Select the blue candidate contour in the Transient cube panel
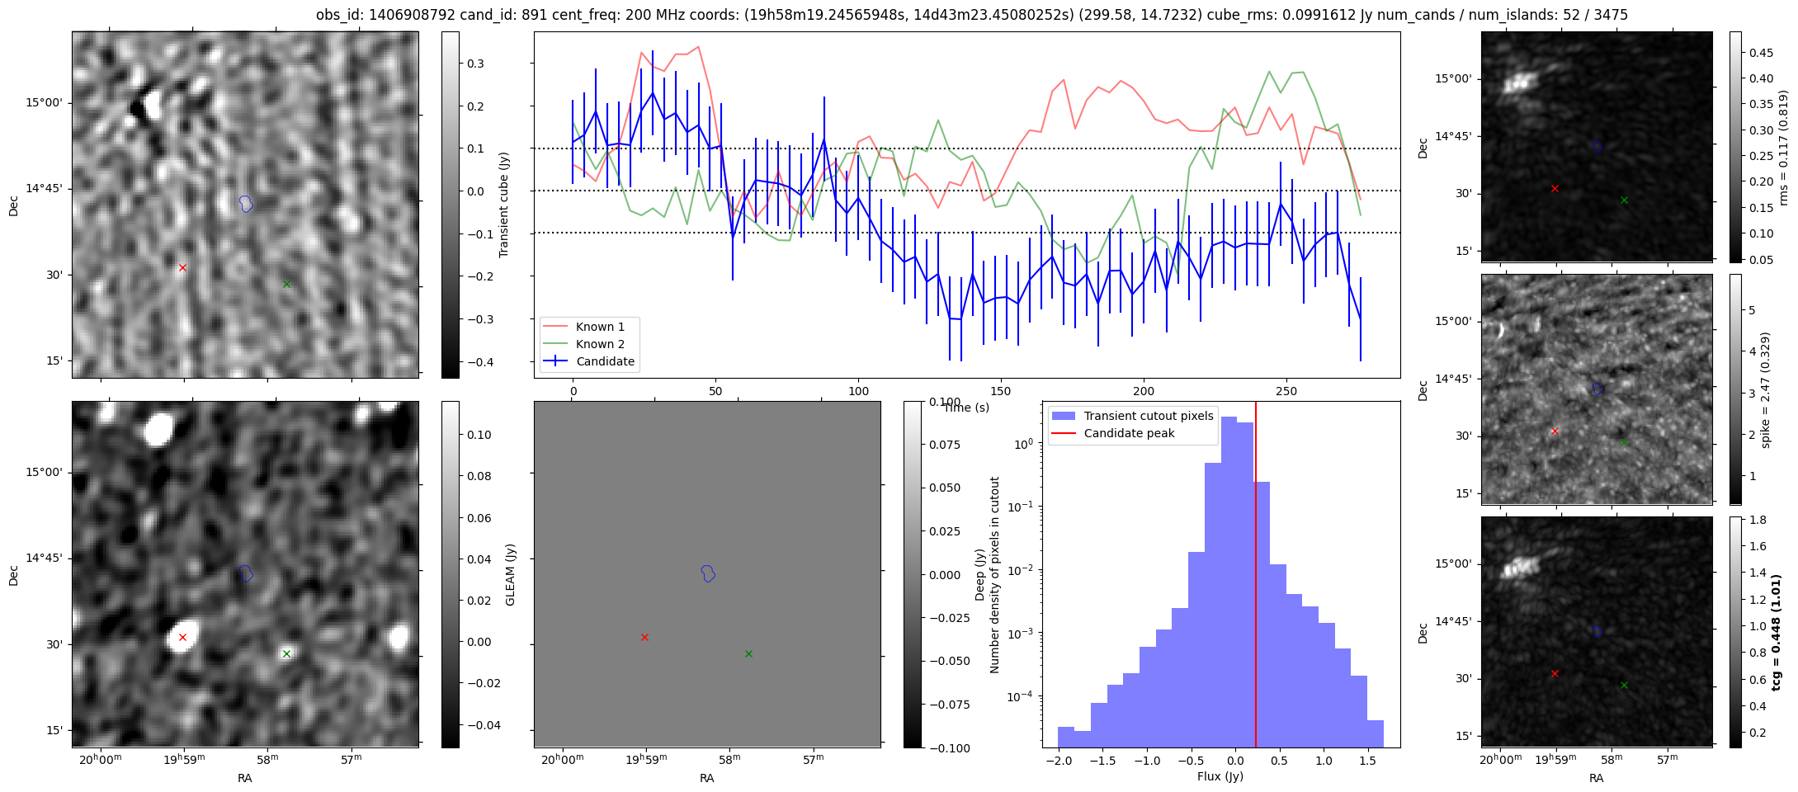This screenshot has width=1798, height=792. (x=246, y=203)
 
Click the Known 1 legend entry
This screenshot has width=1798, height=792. (x=600, y=327)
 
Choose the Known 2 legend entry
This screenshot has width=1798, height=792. (x=600, y=344)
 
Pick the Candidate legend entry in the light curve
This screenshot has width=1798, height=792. (x=605, y=361)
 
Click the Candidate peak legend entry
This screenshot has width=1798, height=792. (x=1129, y=433)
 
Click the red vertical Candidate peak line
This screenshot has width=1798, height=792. (x=1256, y=577)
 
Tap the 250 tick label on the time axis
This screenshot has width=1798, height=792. (x=1286, y=391)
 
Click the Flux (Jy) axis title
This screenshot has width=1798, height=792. (x=1220, y=776)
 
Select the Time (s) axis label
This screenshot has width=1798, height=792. (x=966, y=408)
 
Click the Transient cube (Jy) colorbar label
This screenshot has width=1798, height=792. (x=504, y=205)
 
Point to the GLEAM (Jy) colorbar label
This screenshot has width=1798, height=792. (x=510, y=574)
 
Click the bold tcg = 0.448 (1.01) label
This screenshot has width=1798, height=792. (x=1777, y=632)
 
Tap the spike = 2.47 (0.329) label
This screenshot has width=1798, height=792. (x=1766, y=389)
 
